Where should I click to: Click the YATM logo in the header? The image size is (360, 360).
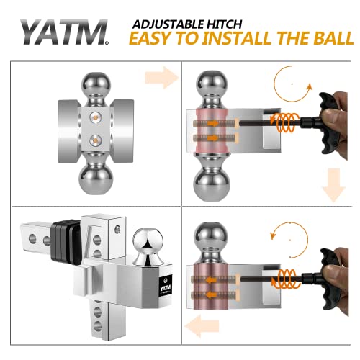pos(63,32)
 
